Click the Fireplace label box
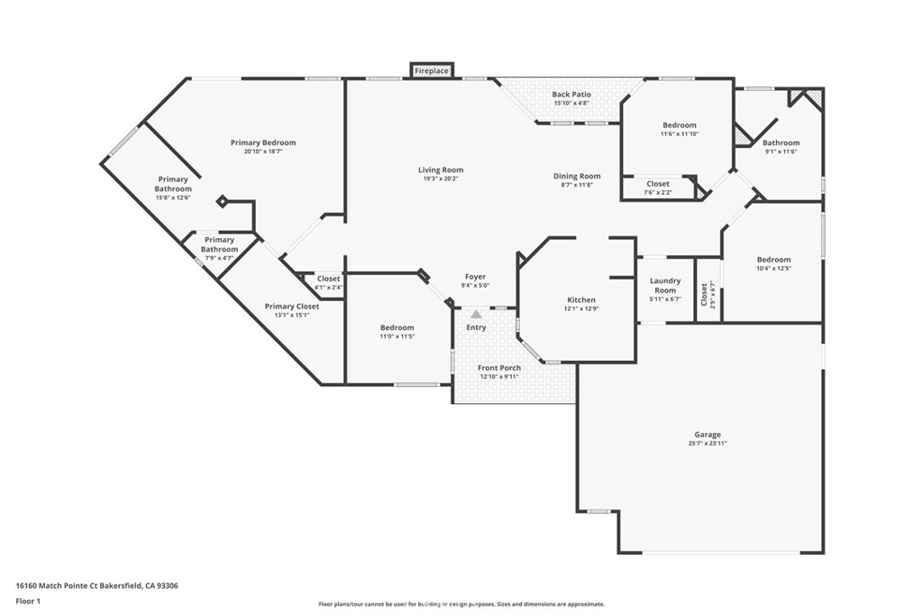(x=432, y=70)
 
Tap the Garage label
(x=707, y=435)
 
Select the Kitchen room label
(x=581, y=299)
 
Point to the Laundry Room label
(x=665, y=286)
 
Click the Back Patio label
(x=571, y=94)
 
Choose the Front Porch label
(x=499, y=368)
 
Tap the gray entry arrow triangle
(x=476, y=315)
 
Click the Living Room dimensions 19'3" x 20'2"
(x=440, y=179)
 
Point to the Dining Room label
(x=577, y=176)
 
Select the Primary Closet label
(x=292, y=307)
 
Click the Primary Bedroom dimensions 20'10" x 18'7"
(x=263, y=152)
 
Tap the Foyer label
(x=476, y=277)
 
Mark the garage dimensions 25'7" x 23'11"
(x=707, y=444)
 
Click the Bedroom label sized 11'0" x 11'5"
(x=397, y=327)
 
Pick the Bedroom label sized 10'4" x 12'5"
(x=774, y=260)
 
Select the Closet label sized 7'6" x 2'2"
(x=658, y=184)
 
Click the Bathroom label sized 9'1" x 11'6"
(x=781, y=143)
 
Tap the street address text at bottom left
(x=96, y=586)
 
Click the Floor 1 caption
(x=28, y=602)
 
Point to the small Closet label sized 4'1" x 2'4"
(x=328, y=279)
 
